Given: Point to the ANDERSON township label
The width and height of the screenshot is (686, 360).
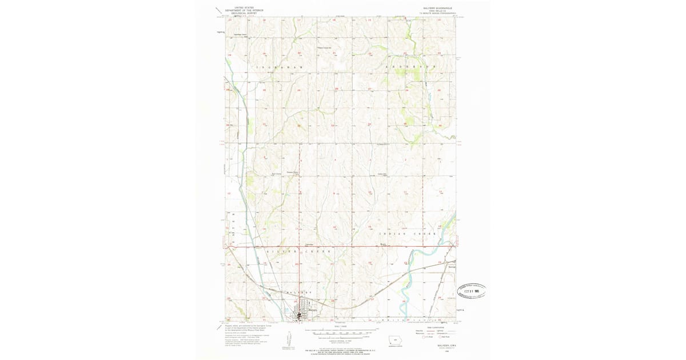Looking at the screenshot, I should point(412,67).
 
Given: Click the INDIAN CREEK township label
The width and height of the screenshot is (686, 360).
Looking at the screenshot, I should point(408,234).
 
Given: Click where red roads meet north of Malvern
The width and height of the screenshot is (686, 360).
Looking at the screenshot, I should point(297,247).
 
